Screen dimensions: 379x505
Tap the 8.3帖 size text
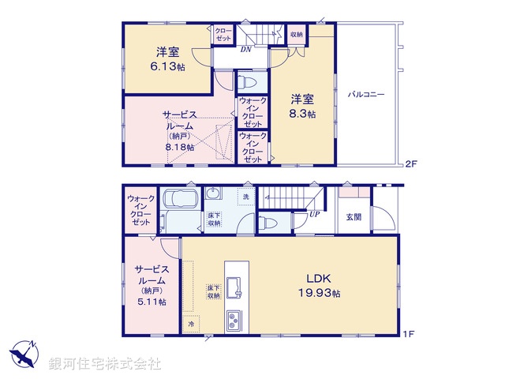(x=303, y=114)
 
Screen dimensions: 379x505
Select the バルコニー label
(x=366, y=95)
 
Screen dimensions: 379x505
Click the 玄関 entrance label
(x=353, y=217)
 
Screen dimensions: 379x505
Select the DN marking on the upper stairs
(x=246, y=48)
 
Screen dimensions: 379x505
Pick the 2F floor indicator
(x=410, y=164)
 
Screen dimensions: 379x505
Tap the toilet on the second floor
(x=246, y=81)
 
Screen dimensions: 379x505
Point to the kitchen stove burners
(x=235, y=320)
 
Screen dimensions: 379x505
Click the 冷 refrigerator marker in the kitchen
(x=191, y=324)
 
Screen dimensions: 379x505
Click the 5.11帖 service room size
(x=150, y=302)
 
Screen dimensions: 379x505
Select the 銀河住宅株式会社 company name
(x=105, y=364)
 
